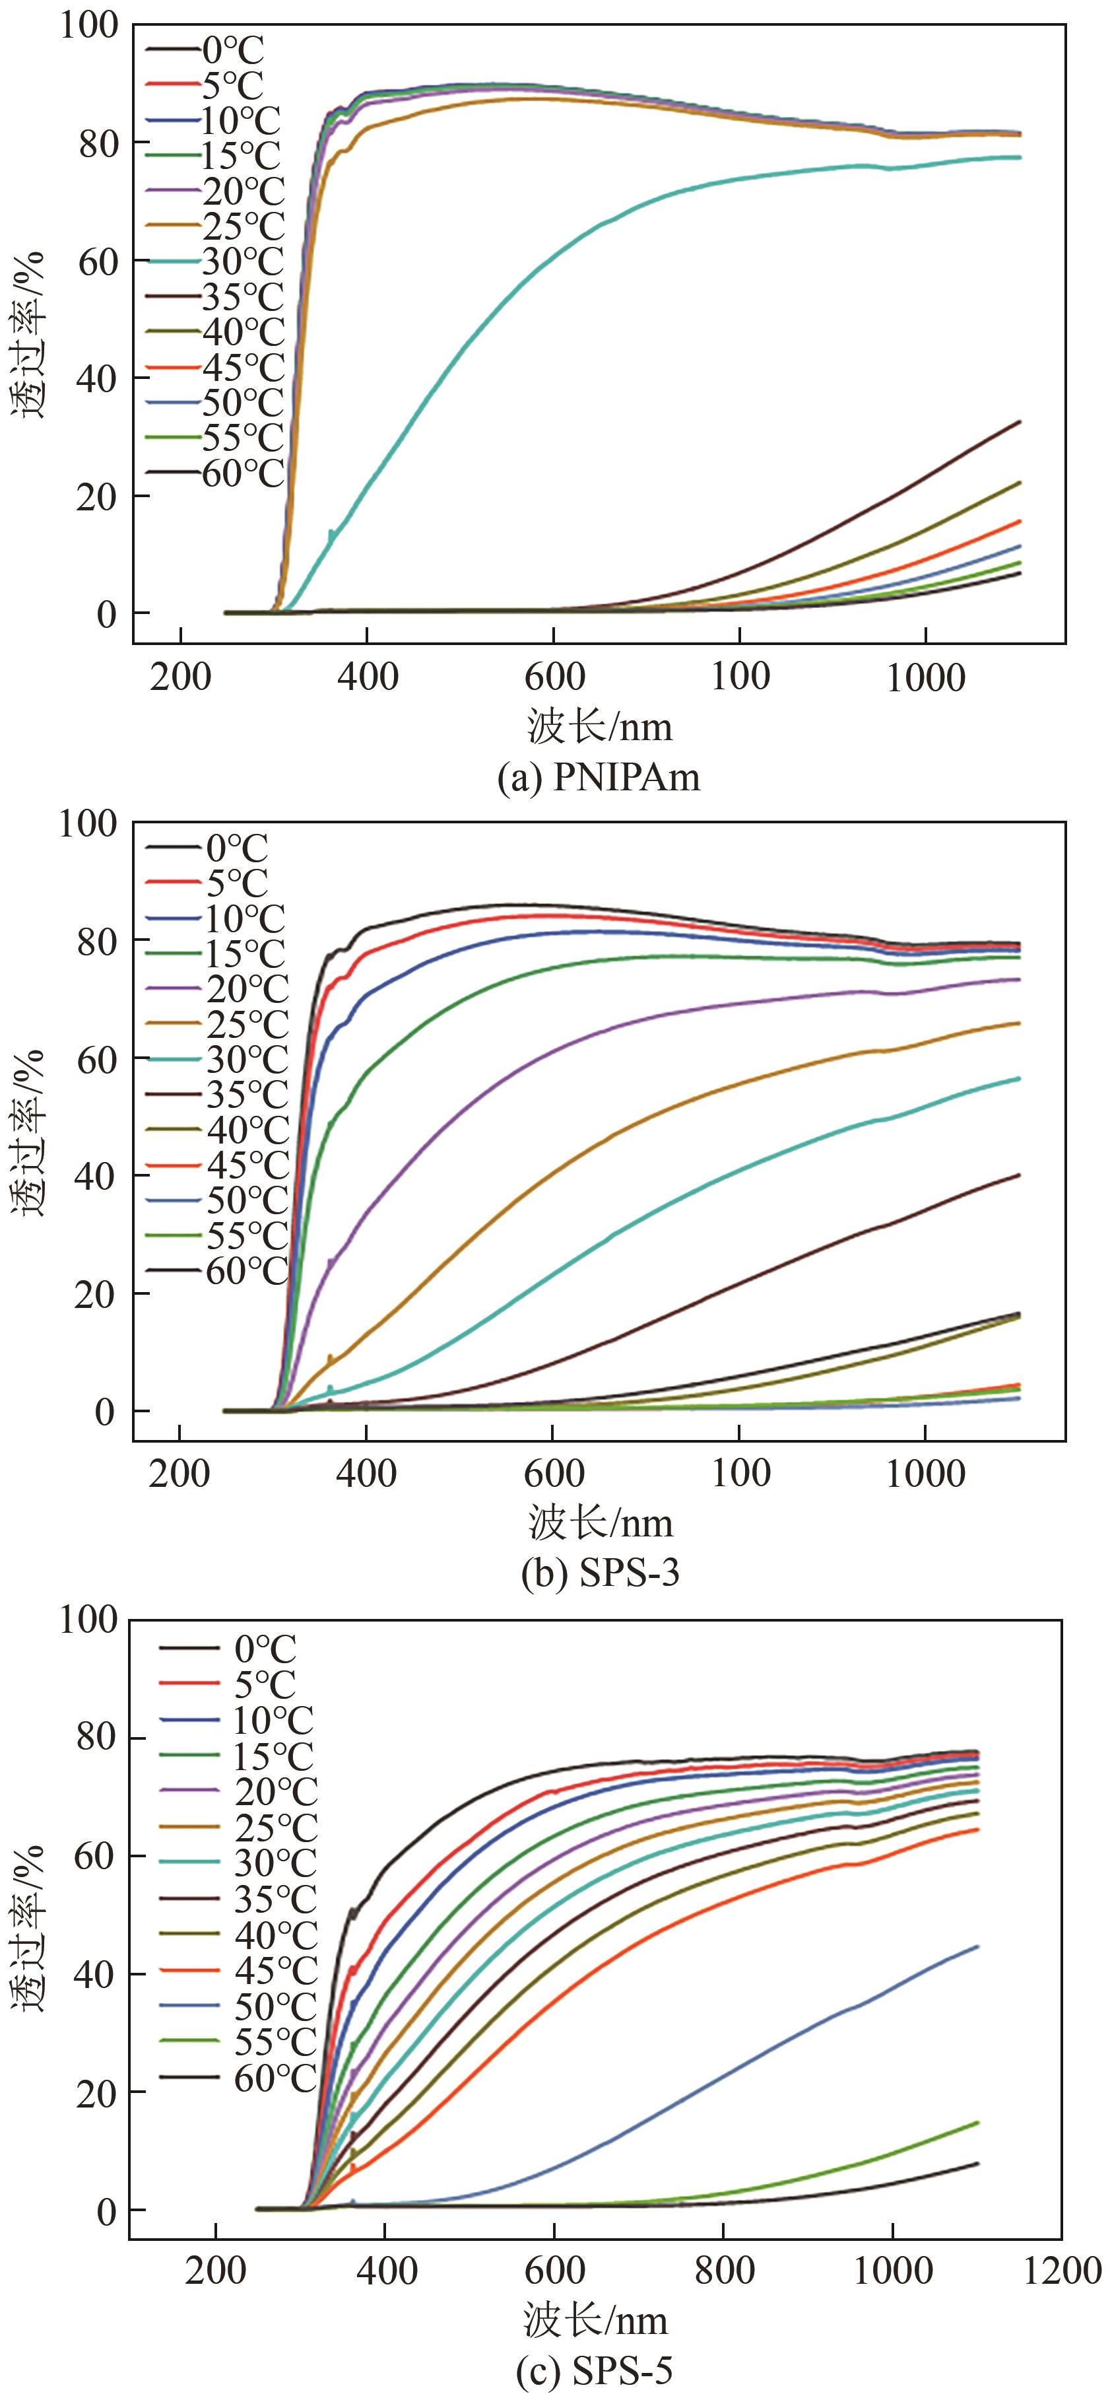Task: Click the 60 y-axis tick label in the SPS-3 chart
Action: (96, 1059)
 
